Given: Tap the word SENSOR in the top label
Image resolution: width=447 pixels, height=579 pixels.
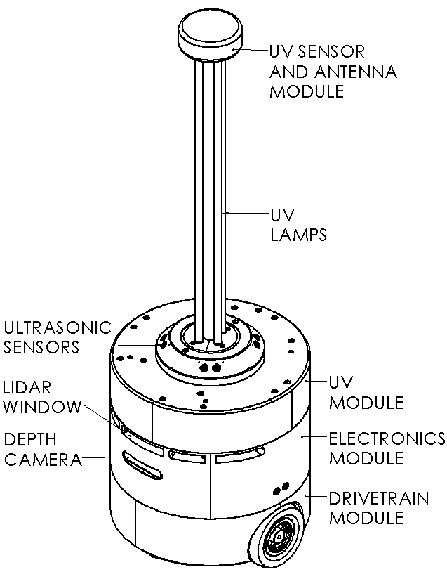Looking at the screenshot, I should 329,52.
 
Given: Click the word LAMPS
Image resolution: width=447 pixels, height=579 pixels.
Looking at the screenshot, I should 298,235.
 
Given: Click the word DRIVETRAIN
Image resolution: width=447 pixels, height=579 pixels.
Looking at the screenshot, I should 379,499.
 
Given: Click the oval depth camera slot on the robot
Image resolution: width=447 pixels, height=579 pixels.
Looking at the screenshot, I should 140,465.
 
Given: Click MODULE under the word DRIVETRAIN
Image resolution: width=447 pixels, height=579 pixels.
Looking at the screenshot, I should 366,519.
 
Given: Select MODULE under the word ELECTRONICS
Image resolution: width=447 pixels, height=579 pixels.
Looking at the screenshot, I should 366,458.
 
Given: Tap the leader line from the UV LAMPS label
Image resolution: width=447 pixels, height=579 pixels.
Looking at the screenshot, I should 246,212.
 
